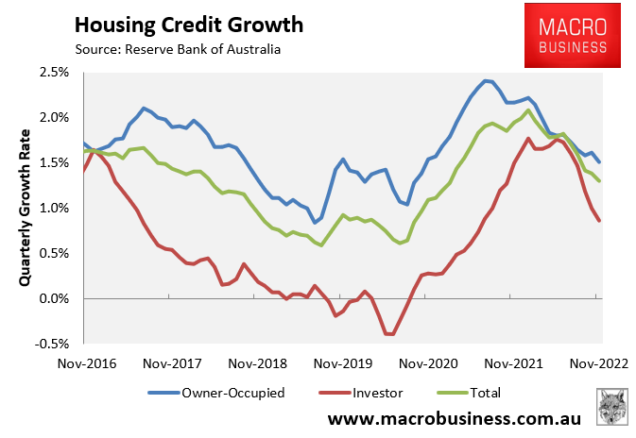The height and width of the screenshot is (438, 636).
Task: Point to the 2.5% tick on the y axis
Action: (x=53, y=72)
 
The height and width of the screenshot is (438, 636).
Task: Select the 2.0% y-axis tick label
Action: (x=53, y=117)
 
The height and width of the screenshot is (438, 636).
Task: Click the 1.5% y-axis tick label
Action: (x=53, y=162)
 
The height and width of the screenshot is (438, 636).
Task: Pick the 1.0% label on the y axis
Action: (x=53, y=208)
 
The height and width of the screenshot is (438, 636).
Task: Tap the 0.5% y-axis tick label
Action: (x=53, y=253)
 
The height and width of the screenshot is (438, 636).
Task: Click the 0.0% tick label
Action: (x=53, y=298)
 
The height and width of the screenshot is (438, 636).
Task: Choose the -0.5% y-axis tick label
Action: (x=51, y=344)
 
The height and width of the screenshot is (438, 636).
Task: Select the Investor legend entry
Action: (x=365, y=393)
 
